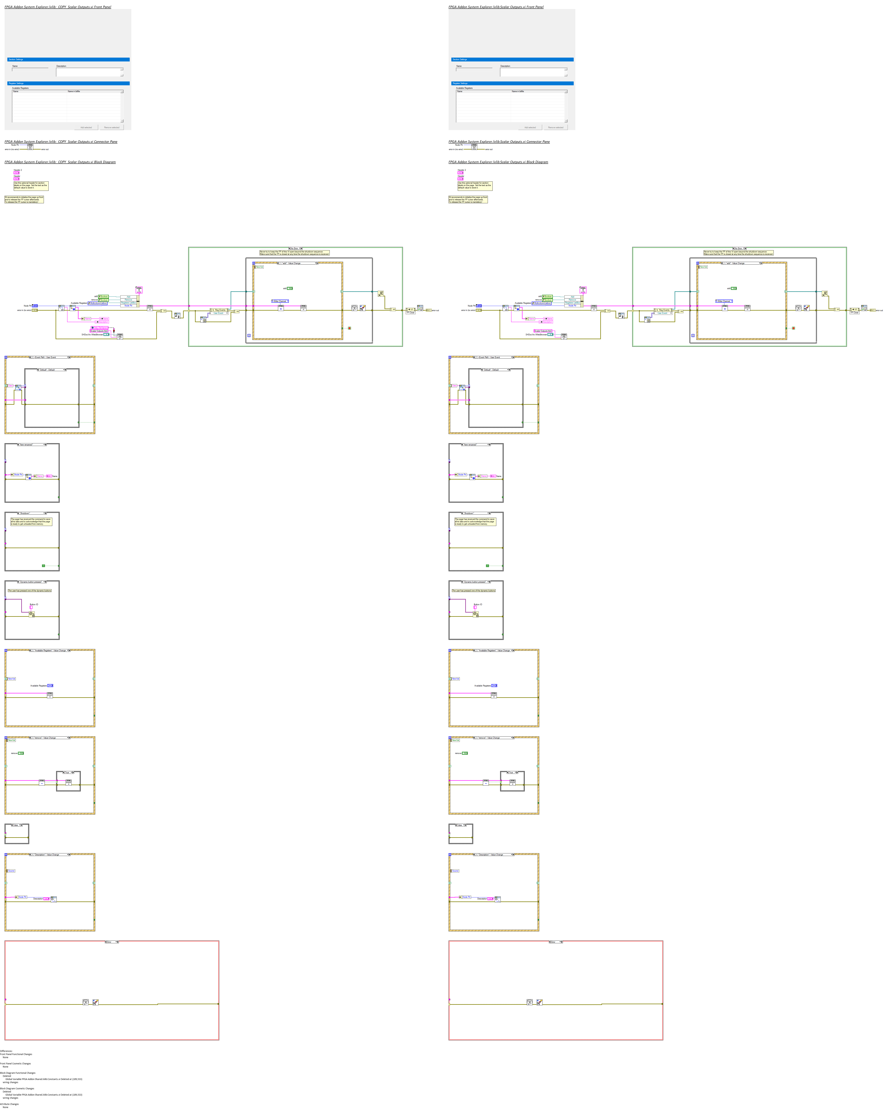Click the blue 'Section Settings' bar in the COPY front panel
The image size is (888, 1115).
(68, 59)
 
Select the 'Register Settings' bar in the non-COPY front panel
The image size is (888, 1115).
(512, 83)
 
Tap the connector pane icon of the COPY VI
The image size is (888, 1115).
(30, 147)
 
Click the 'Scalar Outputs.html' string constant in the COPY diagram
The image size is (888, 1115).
(99, 331)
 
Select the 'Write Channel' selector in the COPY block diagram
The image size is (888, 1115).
(280, 301)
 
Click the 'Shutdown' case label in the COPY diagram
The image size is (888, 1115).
(32, 513)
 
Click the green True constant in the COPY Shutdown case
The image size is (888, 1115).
(43, 566)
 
